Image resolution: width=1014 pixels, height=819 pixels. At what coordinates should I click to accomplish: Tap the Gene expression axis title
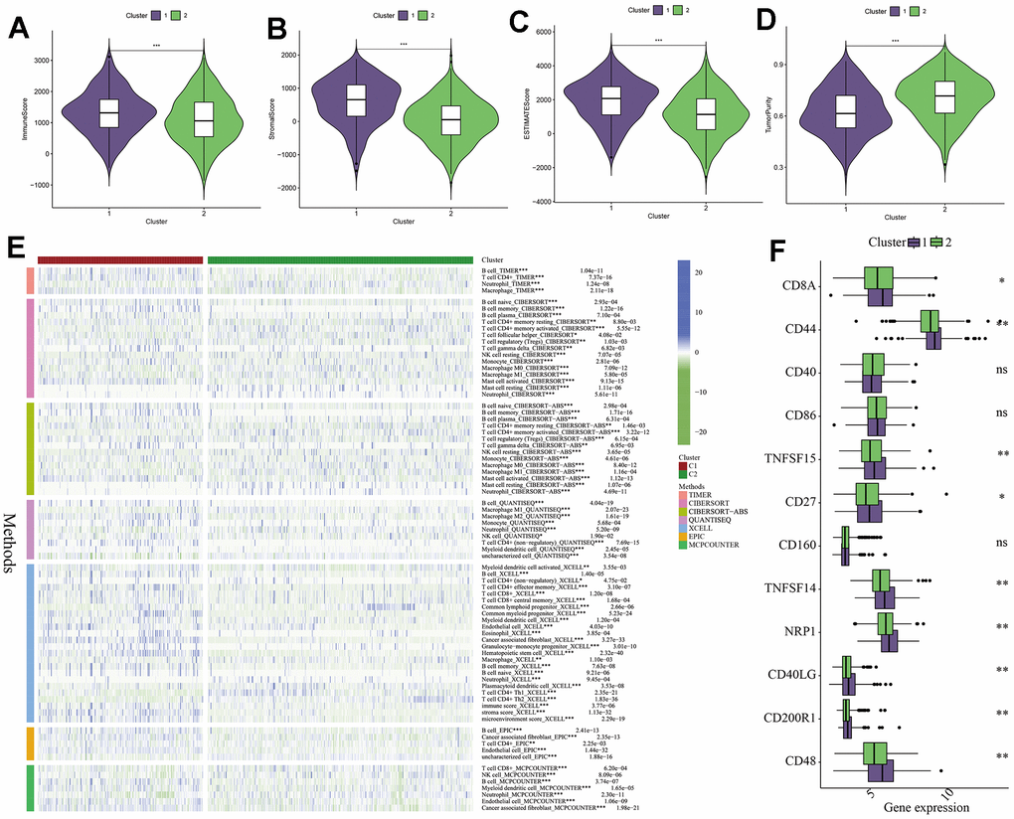(x=927, y=806)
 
